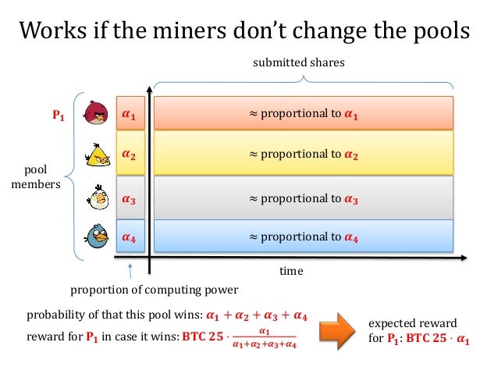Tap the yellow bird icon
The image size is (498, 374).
click(98, 155)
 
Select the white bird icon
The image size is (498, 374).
click(97, 198)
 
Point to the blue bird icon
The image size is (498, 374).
click(97, 237)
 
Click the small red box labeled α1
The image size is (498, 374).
click(129, 115)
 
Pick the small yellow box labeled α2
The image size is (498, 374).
click(129, 155)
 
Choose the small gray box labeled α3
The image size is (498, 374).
click(129, 199)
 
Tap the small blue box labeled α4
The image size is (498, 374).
click(129, 237)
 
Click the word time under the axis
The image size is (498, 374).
click(290, 272)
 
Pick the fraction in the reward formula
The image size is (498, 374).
click(264, 338)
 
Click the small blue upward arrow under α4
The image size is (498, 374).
click(130, 271)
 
